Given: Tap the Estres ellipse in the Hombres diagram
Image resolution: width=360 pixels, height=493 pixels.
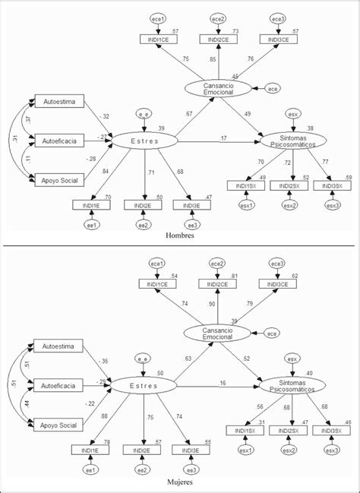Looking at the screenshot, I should pos(144,141).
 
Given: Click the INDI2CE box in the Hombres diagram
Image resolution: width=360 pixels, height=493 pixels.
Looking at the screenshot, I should pos(218,39).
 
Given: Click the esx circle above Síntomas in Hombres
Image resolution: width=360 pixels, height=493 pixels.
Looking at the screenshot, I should pos(292,114).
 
